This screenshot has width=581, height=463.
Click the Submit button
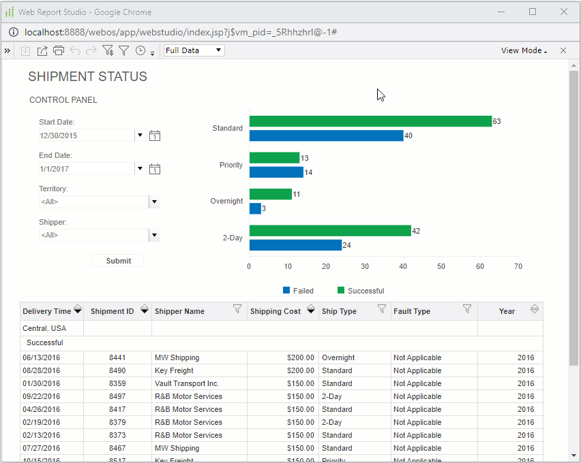(x=118, y=261)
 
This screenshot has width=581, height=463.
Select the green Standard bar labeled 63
(x=370, y=121)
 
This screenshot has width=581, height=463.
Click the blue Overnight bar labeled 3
(x=255, y=208)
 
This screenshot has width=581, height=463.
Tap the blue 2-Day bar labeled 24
(x=295, y=245)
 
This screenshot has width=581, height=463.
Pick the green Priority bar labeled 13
(x=274, y=158)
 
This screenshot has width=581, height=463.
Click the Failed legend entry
(x=298, y=291)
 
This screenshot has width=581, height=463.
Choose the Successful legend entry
(x=361, y=291)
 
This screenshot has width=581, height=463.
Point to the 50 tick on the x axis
(x=441, y=266)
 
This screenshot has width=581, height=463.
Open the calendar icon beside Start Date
(x=155, y=135)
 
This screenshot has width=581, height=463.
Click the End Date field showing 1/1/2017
(x=87, y=169)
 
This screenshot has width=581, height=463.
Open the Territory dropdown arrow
(x=154, y=202)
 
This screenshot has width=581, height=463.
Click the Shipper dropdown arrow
(x=154, y=236)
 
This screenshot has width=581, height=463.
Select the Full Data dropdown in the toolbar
(x=194, y=50)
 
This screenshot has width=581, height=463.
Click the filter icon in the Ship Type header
(x=382, y=309)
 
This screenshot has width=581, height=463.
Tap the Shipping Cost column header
(x=275, y=311)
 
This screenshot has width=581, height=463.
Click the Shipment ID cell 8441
(x=117, y=357)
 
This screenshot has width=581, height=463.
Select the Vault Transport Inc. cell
(x=187, y=383)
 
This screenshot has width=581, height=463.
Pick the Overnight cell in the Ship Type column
(x=338, y=357)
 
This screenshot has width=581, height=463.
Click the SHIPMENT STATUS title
(x=87, y=77)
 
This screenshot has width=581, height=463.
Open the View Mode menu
(x=524, y=50)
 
